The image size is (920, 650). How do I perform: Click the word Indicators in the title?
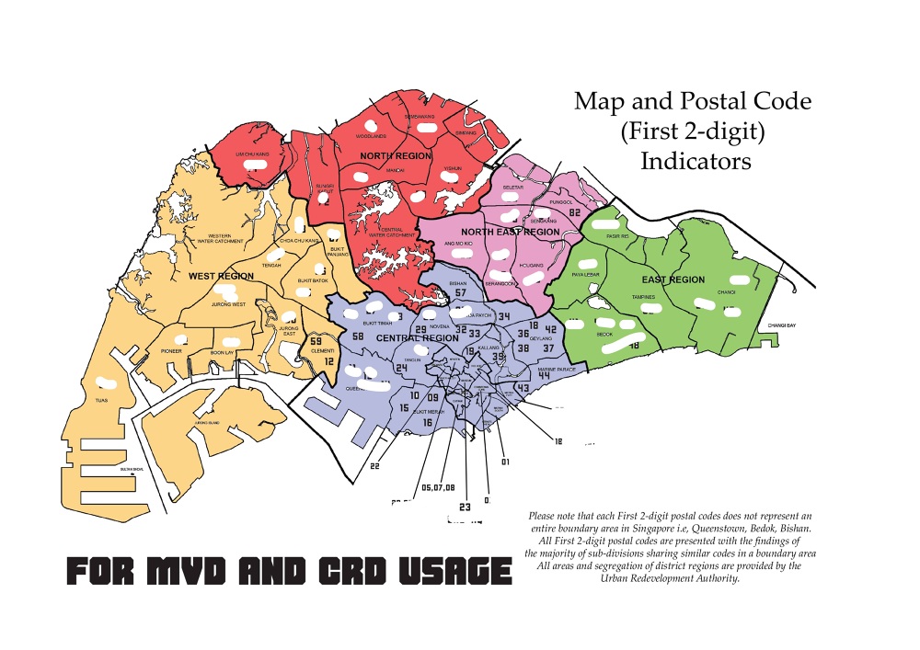tap(696, 161)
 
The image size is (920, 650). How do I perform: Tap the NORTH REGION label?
tap(396, 156)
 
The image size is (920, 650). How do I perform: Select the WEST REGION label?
tap(221, 276)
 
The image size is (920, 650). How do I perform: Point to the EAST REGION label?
tap(673, 279)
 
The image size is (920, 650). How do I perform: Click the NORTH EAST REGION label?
tap(511, 232)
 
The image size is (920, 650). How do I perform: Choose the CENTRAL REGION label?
tap(417, 338)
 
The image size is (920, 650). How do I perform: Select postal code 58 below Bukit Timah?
tap(358, 336)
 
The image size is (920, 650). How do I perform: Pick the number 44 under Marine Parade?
tap(544, 375)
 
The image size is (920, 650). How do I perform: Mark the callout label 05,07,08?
tap(437, 487)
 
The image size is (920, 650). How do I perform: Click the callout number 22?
tap(374, 465)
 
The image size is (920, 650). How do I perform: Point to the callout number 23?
tap(465, 506)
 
